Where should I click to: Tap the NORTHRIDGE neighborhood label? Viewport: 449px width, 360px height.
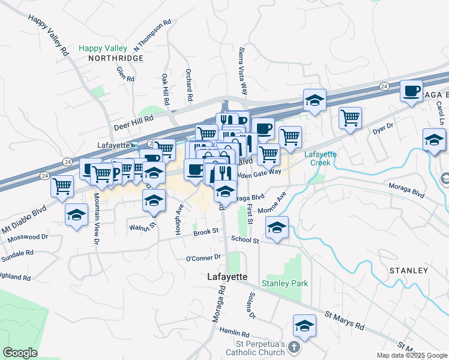pyautogui.click(x=116, y=58)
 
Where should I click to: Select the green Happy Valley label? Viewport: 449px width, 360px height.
pyautogui.click(x=103, y=48)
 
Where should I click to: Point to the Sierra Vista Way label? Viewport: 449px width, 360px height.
pyautogui.click(x=244, y=71)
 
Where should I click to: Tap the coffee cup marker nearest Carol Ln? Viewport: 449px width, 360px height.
pyautogui.click(x=411, y=91)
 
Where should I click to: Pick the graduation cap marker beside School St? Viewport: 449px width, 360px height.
pyautogui.click(x=277, y=228)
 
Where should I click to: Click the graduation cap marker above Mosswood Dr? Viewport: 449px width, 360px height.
pyautogui.click(x=77, y=215)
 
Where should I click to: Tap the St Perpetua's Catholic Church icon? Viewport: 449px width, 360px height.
pyautogui.click(x=293, y=346)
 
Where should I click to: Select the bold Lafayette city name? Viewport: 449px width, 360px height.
pyautogui.click(x=227, y=277)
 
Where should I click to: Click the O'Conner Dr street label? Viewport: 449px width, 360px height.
pyautogui.click(x=203, y=257)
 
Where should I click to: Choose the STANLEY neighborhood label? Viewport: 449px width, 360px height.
pyautogui.click(x=409, y=271)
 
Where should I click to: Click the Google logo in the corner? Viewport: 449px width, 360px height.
pyautogui.click(x=20, y=352)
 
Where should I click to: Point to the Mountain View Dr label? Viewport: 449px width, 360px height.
pyautogui.click(x=95, y=210)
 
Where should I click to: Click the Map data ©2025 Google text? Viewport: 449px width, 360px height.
pyautogui.click(x=411, y=355)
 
